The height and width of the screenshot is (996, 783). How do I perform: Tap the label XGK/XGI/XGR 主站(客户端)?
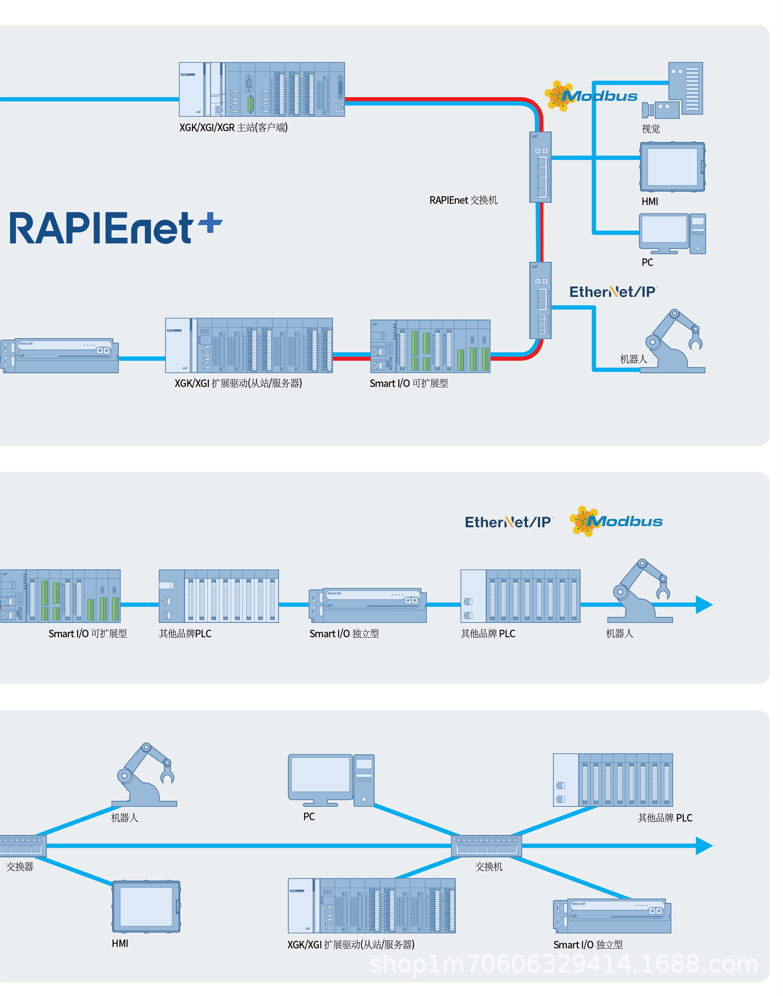point(233,127)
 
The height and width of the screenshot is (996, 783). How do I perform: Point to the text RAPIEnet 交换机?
point(463,200)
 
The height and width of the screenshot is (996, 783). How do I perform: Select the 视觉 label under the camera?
point(650,128)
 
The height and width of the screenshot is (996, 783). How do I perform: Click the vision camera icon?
point(661,109)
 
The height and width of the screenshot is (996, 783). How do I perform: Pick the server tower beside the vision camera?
point(686,88)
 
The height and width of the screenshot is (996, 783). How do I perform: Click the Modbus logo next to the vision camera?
point(591,96)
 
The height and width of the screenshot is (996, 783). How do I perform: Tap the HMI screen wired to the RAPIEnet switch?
point(672,167)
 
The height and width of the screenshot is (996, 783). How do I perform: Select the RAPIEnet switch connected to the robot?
point(540,300)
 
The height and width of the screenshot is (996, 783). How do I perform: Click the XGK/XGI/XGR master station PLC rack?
point(262,89)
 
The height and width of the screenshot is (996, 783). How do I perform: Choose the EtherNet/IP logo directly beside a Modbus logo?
point(508,522)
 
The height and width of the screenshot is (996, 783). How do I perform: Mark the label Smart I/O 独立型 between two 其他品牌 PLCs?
point(344,634)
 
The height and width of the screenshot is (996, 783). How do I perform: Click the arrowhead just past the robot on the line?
point(704,604)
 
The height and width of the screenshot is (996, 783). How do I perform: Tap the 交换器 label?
point(20,867)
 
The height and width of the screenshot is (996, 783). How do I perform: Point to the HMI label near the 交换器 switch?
point(120,943)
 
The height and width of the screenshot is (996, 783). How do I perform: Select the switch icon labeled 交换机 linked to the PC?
point(487,846)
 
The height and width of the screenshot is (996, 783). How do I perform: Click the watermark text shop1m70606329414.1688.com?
point(564,964)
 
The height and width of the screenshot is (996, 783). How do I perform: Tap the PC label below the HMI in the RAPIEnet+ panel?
point(647,262)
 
